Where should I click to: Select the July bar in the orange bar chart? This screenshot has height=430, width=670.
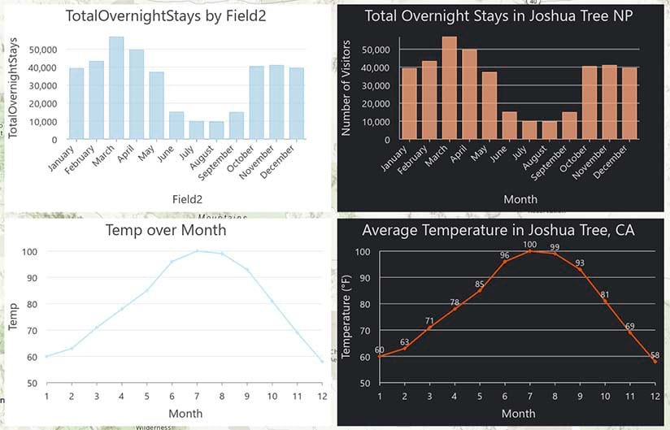(x=529, y=130)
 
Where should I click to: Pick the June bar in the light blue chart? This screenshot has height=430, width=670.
(x=176, y=125)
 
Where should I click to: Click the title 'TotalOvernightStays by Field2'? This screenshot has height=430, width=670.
(x=165, y=16)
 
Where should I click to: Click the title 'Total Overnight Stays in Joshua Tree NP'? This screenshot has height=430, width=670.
(x=499, y=16)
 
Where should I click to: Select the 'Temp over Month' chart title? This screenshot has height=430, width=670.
(x=166, y=230)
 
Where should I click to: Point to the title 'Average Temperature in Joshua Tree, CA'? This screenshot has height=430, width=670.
(x=498, y=231)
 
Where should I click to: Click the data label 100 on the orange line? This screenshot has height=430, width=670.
(x=530, y=245)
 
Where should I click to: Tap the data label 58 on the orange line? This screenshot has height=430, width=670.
(x=655, y=355)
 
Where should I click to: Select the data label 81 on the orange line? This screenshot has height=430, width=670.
(x=605, y=294)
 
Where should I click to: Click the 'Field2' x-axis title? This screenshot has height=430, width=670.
(x=187, y=198)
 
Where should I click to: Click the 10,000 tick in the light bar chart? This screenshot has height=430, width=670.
(x=41, y=122)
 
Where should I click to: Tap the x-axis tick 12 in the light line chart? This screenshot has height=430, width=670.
(x=322, y=396)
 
